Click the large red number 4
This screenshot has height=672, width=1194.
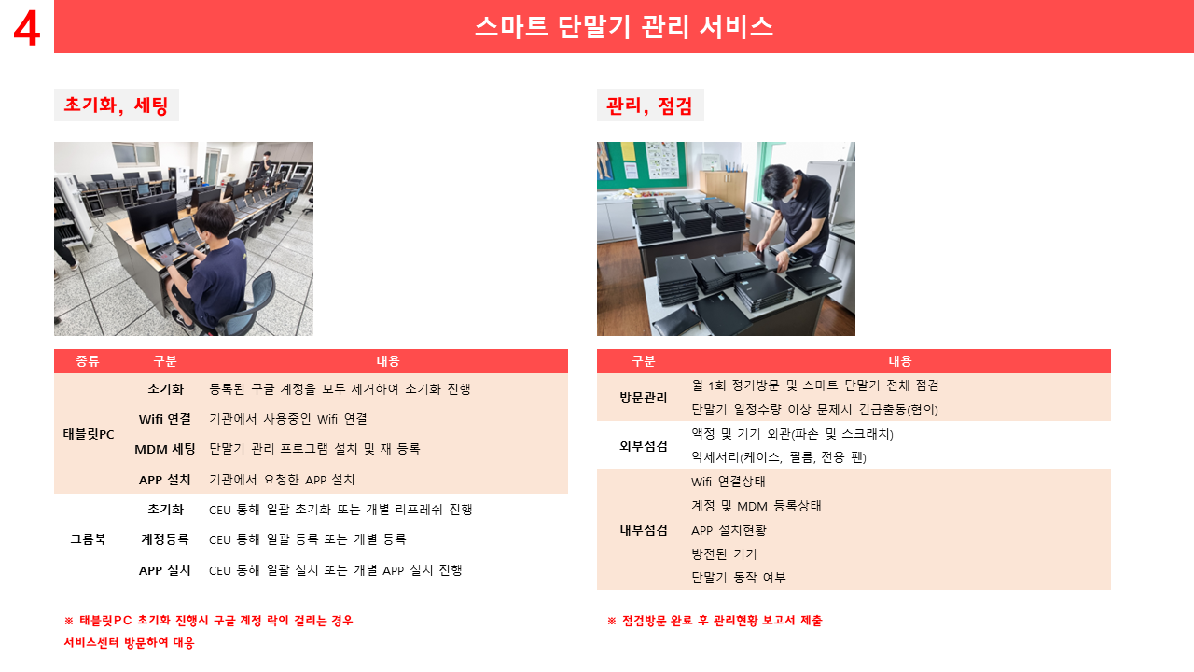coord(27,29)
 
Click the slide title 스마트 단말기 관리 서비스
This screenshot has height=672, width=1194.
coord(624,27)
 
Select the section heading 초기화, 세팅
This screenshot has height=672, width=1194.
coord(116,105)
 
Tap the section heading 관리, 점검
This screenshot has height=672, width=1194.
coord(648,105)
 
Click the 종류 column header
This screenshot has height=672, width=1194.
coord(88,361)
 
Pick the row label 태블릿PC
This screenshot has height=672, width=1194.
coord(89,434)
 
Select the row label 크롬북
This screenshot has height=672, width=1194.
coord(88,539)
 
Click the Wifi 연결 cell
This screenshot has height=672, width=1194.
coord(165,419)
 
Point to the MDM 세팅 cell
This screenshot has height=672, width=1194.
coord(165,449)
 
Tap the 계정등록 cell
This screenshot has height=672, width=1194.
coord(165,539)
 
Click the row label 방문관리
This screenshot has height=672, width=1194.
coord(644,398)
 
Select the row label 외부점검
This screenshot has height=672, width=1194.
coord(644,446)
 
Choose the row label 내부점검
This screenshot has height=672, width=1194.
coord(644,529)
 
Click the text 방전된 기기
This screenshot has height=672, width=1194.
coord(724,554)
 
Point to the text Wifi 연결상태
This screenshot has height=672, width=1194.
coord(729,482)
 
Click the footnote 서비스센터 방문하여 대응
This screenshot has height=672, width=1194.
coord(129,643)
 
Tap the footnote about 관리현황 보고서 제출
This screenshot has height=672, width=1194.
coord(715,621)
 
